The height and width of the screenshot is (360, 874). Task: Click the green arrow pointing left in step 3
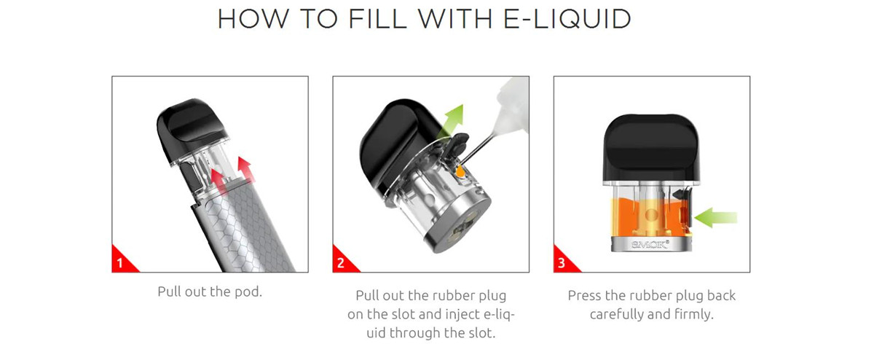click(717, 217)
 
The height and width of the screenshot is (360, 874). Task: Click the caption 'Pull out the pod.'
click(210, 292)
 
